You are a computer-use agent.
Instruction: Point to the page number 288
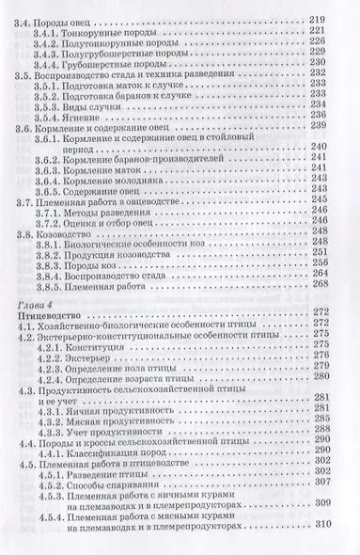338,426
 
